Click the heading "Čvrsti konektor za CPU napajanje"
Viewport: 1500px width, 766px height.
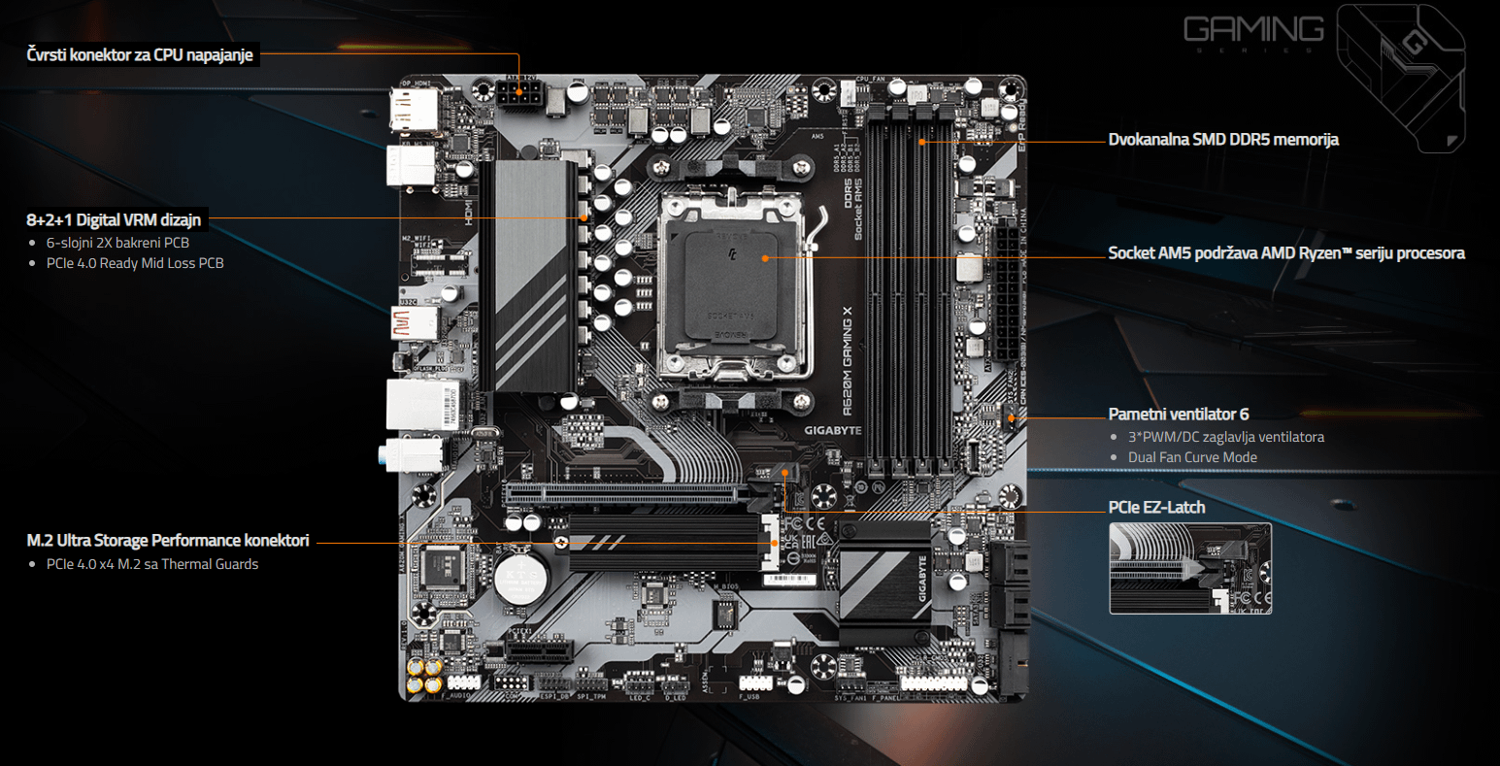point(140,55)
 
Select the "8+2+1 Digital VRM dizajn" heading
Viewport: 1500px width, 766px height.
point(114,219)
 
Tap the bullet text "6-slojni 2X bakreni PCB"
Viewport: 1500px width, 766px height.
point(117,243)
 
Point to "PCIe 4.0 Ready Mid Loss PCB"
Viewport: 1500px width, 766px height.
point(135,263)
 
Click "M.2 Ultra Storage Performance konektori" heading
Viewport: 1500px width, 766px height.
point(168,540)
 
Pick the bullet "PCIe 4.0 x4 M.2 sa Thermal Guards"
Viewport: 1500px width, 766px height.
point(152,564)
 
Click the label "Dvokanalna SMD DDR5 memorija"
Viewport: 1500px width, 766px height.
point(1223,140)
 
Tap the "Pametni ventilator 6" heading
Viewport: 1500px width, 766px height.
point(1179,415)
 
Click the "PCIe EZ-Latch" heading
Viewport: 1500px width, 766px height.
point(1156,507)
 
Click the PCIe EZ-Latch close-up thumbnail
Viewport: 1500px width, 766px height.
point(1189,568)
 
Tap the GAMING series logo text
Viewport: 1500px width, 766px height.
point(1252,30)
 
